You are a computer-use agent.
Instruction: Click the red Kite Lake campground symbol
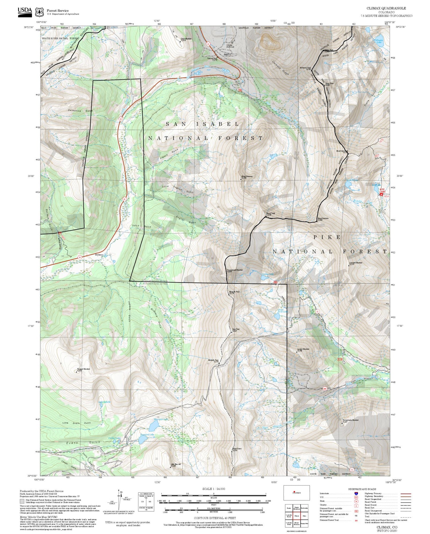click(382, 194)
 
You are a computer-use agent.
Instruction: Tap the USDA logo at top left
click(25, 11)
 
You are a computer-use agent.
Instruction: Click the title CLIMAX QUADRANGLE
click(386, 8)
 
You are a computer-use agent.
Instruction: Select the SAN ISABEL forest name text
click(203, 124)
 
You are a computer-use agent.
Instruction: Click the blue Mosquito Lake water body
click(152, 427)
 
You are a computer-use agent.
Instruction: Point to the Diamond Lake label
click(147, 435)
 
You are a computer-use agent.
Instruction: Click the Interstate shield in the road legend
click(356, 493)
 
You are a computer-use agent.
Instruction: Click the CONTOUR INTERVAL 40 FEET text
click(215, 518)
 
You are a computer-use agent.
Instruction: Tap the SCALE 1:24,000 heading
click(214, 489)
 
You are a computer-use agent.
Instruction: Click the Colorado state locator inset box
click(296, 492)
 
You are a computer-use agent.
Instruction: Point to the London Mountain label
click(303, 349)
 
